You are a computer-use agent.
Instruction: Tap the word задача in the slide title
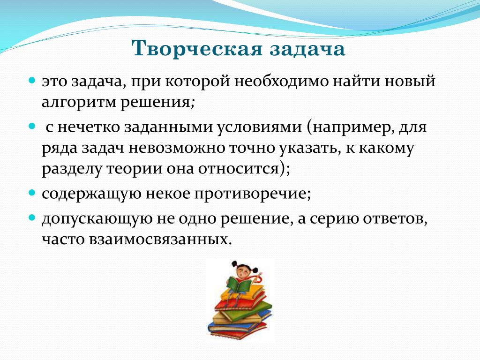pos(307,49)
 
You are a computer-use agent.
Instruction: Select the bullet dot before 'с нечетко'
pos(32,126)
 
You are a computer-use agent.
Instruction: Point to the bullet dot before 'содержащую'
pos(32,193)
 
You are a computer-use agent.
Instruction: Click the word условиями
pos(260,127)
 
